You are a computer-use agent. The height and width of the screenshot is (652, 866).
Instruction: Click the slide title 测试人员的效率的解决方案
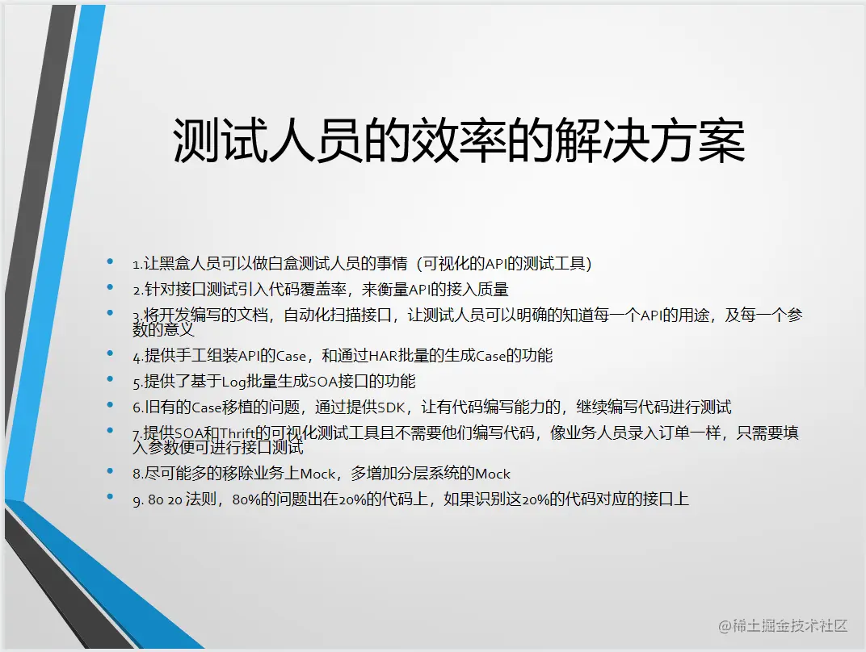click(458, 143)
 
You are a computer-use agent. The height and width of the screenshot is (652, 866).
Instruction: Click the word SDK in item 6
click(391, 407)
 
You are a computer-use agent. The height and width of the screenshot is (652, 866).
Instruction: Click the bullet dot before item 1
click(111, 261)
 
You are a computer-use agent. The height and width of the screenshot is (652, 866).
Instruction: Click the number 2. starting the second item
click(137, 289)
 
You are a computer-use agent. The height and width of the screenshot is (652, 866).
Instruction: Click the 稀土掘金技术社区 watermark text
click(788, 625)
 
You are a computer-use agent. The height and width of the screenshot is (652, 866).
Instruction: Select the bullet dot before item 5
click(111, 378)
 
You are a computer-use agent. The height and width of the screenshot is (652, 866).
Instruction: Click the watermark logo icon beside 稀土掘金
click(717, 625)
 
